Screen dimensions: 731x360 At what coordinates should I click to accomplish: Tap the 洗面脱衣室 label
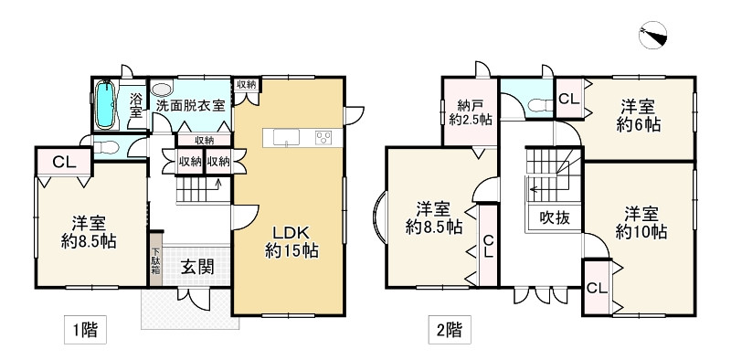point(190,105)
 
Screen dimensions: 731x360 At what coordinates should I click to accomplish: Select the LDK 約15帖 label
point(291,239)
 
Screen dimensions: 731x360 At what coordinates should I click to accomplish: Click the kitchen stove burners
point(324,138)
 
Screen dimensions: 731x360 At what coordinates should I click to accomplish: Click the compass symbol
point(655,34)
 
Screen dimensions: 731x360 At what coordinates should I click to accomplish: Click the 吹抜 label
point(555,218)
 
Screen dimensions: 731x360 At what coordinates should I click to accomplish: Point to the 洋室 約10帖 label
point(641,222)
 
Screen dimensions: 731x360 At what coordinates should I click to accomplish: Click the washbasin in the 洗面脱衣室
point(162,90)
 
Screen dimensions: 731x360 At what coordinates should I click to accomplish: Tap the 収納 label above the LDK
point(245,85)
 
